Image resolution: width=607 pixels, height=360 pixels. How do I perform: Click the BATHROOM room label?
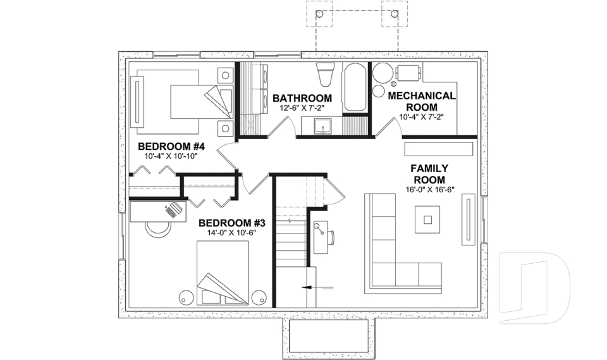coord(302,98)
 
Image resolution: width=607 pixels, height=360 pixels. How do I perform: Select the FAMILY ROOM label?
coord(429,174)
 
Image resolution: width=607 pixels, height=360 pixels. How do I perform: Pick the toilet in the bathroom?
coord(324,75)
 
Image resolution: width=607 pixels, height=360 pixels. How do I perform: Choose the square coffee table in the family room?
coord(428,220)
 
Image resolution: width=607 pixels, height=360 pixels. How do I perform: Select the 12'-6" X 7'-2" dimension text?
coord(302,108)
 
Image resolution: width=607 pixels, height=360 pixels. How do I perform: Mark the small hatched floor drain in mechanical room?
coord(394,84)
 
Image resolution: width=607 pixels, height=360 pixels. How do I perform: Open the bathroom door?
coord(279,127)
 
